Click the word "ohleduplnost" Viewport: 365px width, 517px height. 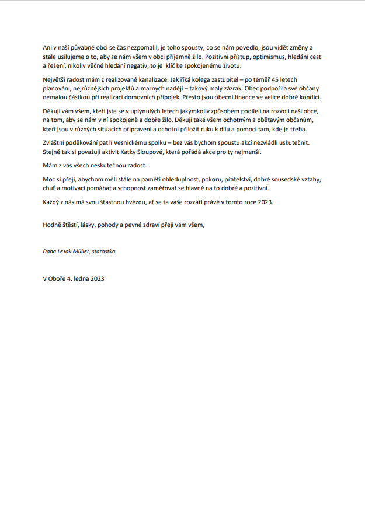click(x=182, y=180)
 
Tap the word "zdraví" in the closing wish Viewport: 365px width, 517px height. click(x=161, y=225)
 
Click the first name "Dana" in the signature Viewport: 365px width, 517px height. click(x=49, y=251)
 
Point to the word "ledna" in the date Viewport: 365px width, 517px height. click(x=80, y=278)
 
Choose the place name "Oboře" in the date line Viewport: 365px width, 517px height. click(x=58, y=278)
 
